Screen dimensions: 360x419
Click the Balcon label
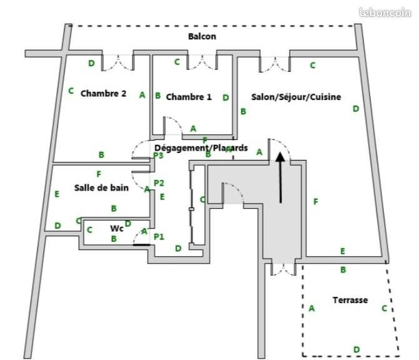pos(202,36)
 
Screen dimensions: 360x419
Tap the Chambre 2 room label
pos(103,93)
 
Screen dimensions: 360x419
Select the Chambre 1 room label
pos(189,97)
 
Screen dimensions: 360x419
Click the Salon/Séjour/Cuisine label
pos(296,97)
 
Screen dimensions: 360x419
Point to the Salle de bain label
pos(101,187)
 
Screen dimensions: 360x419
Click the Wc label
pos(116,227)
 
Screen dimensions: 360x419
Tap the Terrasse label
pos(350,300)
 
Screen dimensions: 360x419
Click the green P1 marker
pos(159,236)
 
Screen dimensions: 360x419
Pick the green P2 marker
pos(159,183)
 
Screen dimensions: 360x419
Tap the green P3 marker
pos(158,156)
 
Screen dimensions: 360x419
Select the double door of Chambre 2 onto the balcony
pos(118,61)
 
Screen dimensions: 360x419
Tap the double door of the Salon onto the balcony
pos(275,62)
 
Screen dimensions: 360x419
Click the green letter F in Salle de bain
pos(98,173)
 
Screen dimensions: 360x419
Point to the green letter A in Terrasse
pos(311,307)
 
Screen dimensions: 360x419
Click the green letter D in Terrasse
pos(356,349)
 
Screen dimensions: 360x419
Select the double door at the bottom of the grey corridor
pos(282,269)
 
